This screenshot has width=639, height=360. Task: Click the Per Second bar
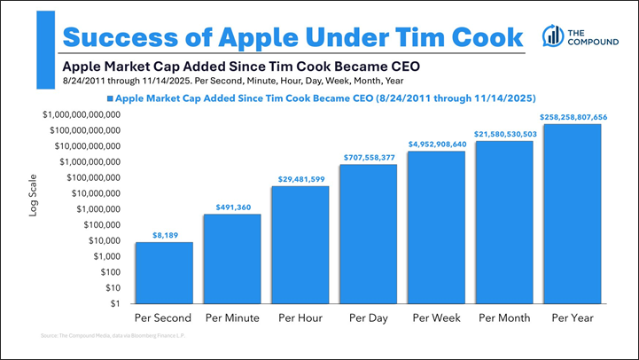164,272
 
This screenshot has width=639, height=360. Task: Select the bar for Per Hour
300,245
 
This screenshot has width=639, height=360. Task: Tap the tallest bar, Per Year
573,214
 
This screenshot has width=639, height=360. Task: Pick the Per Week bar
436,227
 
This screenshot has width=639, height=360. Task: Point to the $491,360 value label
232,207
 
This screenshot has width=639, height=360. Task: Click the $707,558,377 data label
369,158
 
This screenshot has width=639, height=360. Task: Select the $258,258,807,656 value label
573,117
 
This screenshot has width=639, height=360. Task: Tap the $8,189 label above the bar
164,235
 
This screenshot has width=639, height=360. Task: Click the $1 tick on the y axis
113,303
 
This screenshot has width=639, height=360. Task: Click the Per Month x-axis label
504,317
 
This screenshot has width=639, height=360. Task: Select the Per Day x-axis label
368,317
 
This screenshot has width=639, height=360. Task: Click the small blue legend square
110,98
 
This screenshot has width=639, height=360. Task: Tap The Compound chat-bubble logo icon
553,35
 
